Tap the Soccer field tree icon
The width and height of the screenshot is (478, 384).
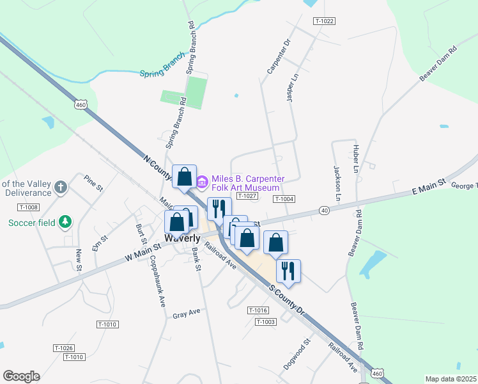pos(65,223)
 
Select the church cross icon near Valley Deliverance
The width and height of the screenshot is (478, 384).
pos(61,188)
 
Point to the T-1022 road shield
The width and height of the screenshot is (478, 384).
pos(325,21)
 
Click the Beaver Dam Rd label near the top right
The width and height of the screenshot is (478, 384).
pos(438,63)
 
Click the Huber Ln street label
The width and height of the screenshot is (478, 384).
pos(356,157)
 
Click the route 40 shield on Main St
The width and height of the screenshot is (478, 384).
pos(325,211)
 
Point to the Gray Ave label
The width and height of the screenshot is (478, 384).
pos(187,314)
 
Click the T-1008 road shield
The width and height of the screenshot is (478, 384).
pos(29,207)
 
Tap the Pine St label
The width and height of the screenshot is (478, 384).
pos(93,184)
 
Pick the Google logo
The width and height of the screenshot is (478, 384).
pos(21,376)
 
